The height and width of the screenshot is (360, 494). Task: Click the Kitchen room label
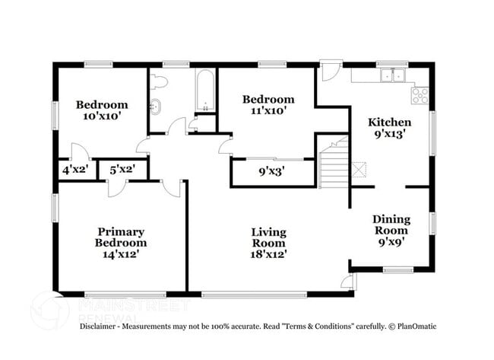(390, 122)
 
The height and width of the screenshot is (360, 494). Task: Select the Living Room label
(270, 237)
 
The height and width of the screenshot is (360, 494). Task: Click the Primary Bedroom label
(121, 237)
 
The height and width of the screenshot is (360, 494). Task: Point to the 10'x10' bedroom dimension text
(101, 116)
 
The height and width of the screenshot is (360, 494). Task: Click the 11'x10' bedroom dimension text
(268, 111)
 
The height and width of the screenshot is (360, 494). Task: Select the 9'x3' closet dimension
(272, 172)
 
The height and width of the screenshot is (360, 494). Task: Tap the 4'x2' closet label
(75, 170)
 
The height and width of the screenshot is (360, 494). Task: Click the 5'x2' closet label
(122, 170)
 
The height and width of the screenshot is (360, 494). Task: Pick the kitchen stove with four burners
(420, 96)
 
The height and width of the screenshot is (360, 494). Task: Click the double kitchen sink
(392, 75)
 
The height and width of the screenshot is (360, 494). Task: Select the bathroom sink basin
(157, 106)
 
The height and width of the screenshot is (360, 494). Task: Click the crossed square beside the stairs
(359, 168)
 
